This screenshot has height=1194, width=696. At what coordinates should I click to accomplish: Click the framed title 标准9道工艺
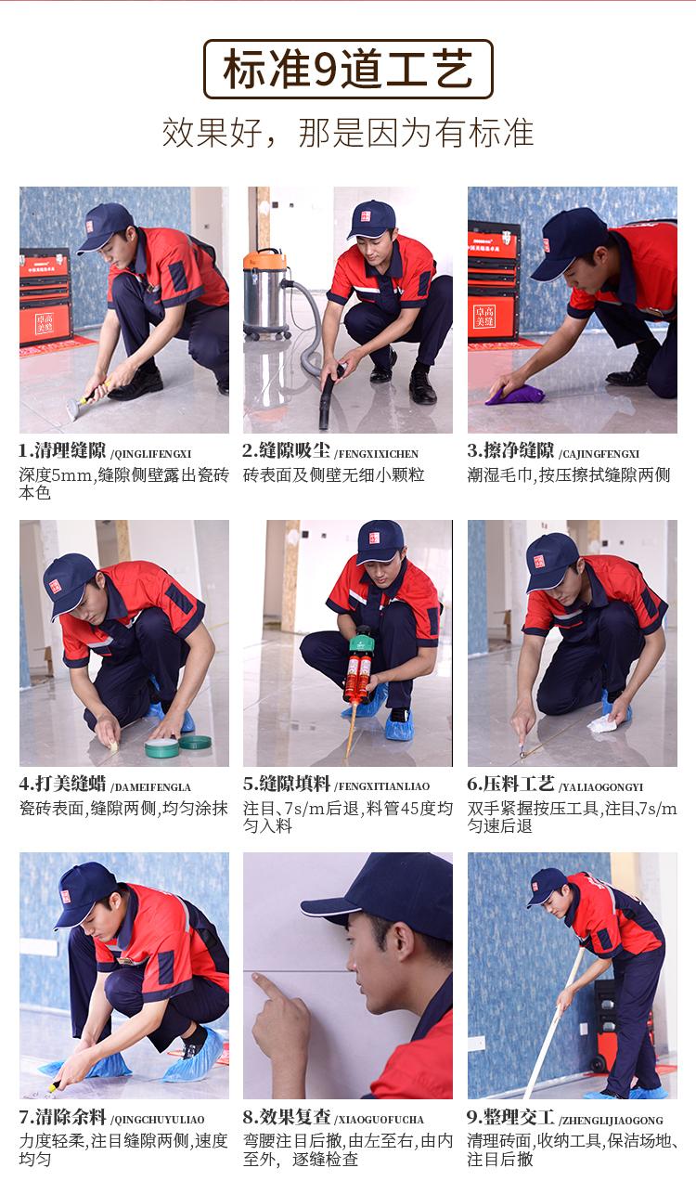(x=348, y=69)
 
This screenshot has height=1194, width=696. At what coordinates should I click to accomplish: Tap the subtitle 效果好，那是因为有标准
(x=347, y=133)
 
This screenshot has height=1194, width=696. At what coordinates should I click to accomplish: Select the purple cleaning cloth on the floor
(x=514, y=395)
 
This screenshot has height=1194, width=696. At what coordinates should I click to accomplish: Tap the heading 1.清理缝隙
(x=62, y=451)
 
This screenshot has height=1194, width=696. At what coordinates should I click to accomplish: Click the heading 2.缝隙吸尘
(x=286, y=451)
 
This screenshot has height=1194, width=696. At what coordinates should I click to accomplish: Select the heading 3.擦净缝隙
(x=510, y=451)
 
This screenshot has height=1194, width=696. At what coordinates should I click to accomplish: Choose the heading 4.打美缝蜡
(x=62, y=785)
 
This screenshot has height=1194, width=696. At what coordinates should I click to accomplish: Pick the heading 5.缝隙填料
(x=286, y=785)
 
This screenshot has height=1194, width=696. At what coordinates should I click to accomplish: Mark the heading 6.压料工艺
(x=510, y=785)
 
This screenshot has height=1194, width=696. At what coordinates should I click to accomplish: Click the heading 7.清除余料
(x=62, y=1117)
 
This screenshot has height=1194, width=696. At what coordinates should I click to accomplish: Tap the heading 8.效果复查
(x=286, y=1117)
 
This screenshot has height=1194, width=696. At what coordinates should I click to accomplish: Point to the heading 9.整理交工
(x=510, y=1117)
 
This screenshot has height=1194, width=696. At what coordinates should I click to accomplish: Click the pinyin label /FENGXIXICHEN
(x=376, y=454)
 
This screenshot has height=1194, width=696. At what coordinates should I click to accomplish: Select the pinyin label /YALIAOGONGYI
(x=600, y=787)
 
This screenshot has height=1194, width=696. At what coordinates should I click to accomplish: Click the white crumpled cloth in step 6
(x=602, y=723)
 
